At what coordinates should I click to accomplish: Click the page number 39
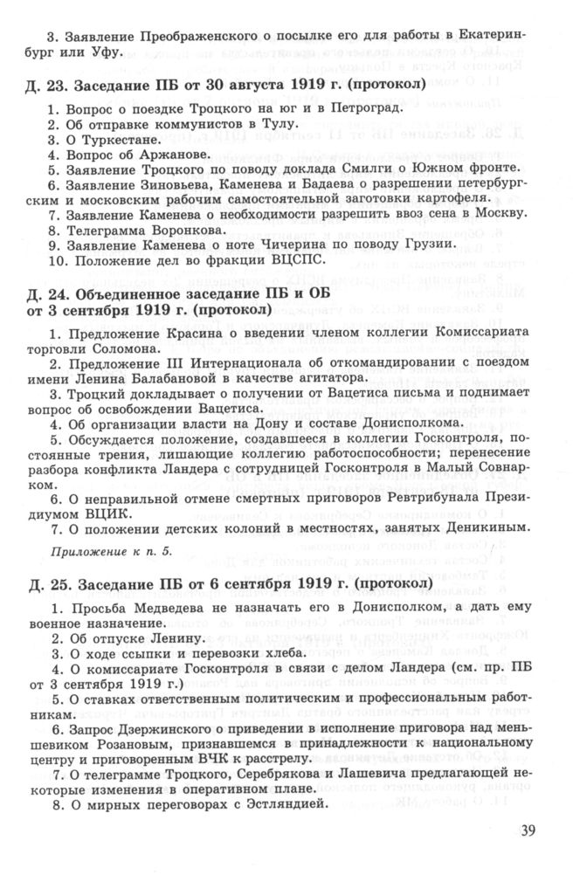[x=528, y=830]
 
